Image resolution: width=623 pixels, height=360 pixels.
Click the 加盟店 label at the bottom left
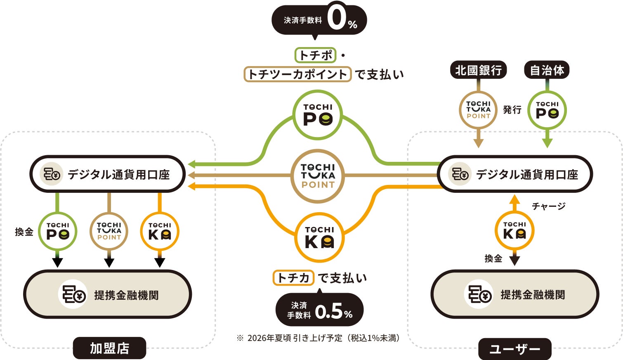point(109,348)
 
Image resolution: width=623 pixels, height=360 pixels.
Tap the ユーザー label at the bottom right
point(514,349)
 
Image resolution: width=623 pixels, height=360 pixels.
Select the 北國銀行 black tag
point(478,70)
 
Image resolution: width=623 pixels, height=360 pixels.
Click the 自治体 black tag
point(547,70)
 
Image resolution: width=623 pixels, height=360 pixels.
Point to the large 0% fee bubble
point(319,20)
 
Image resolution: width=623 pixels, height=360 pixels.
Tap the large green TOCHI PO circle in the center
point(318,115)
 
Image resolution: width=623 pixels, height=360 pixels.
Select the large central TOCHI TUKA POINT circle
point(318,176)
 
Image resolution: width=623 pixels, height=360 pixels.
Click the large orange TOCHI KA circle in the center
point(319,237)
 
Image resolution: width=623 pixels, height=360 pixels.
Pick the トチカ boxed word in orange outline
point(293,278)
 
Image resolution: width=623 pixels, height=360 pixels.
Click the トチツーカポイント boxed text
point(297,74)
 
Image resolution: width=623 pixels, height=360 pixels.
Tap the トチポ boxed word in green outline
point(315,55)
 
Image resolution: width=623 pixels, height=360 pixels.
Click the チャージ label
point(548,206)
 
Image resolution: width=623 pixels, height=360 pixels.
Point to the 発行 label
point(512,110)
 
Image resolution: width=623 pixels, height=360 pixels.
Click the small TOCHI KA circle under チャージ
point(514,231)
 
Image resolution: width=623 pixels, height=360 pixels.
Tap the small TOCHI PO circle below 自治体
point(547,110)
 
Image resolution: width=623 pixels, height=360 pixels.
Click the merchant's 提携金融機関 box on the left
point(108,294)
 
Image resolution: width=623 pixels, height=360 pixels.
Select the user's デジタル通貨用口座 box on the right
point(514,174)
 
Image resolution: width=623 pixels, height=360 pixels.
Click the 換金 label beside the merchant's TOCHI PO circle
point(24,232)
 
